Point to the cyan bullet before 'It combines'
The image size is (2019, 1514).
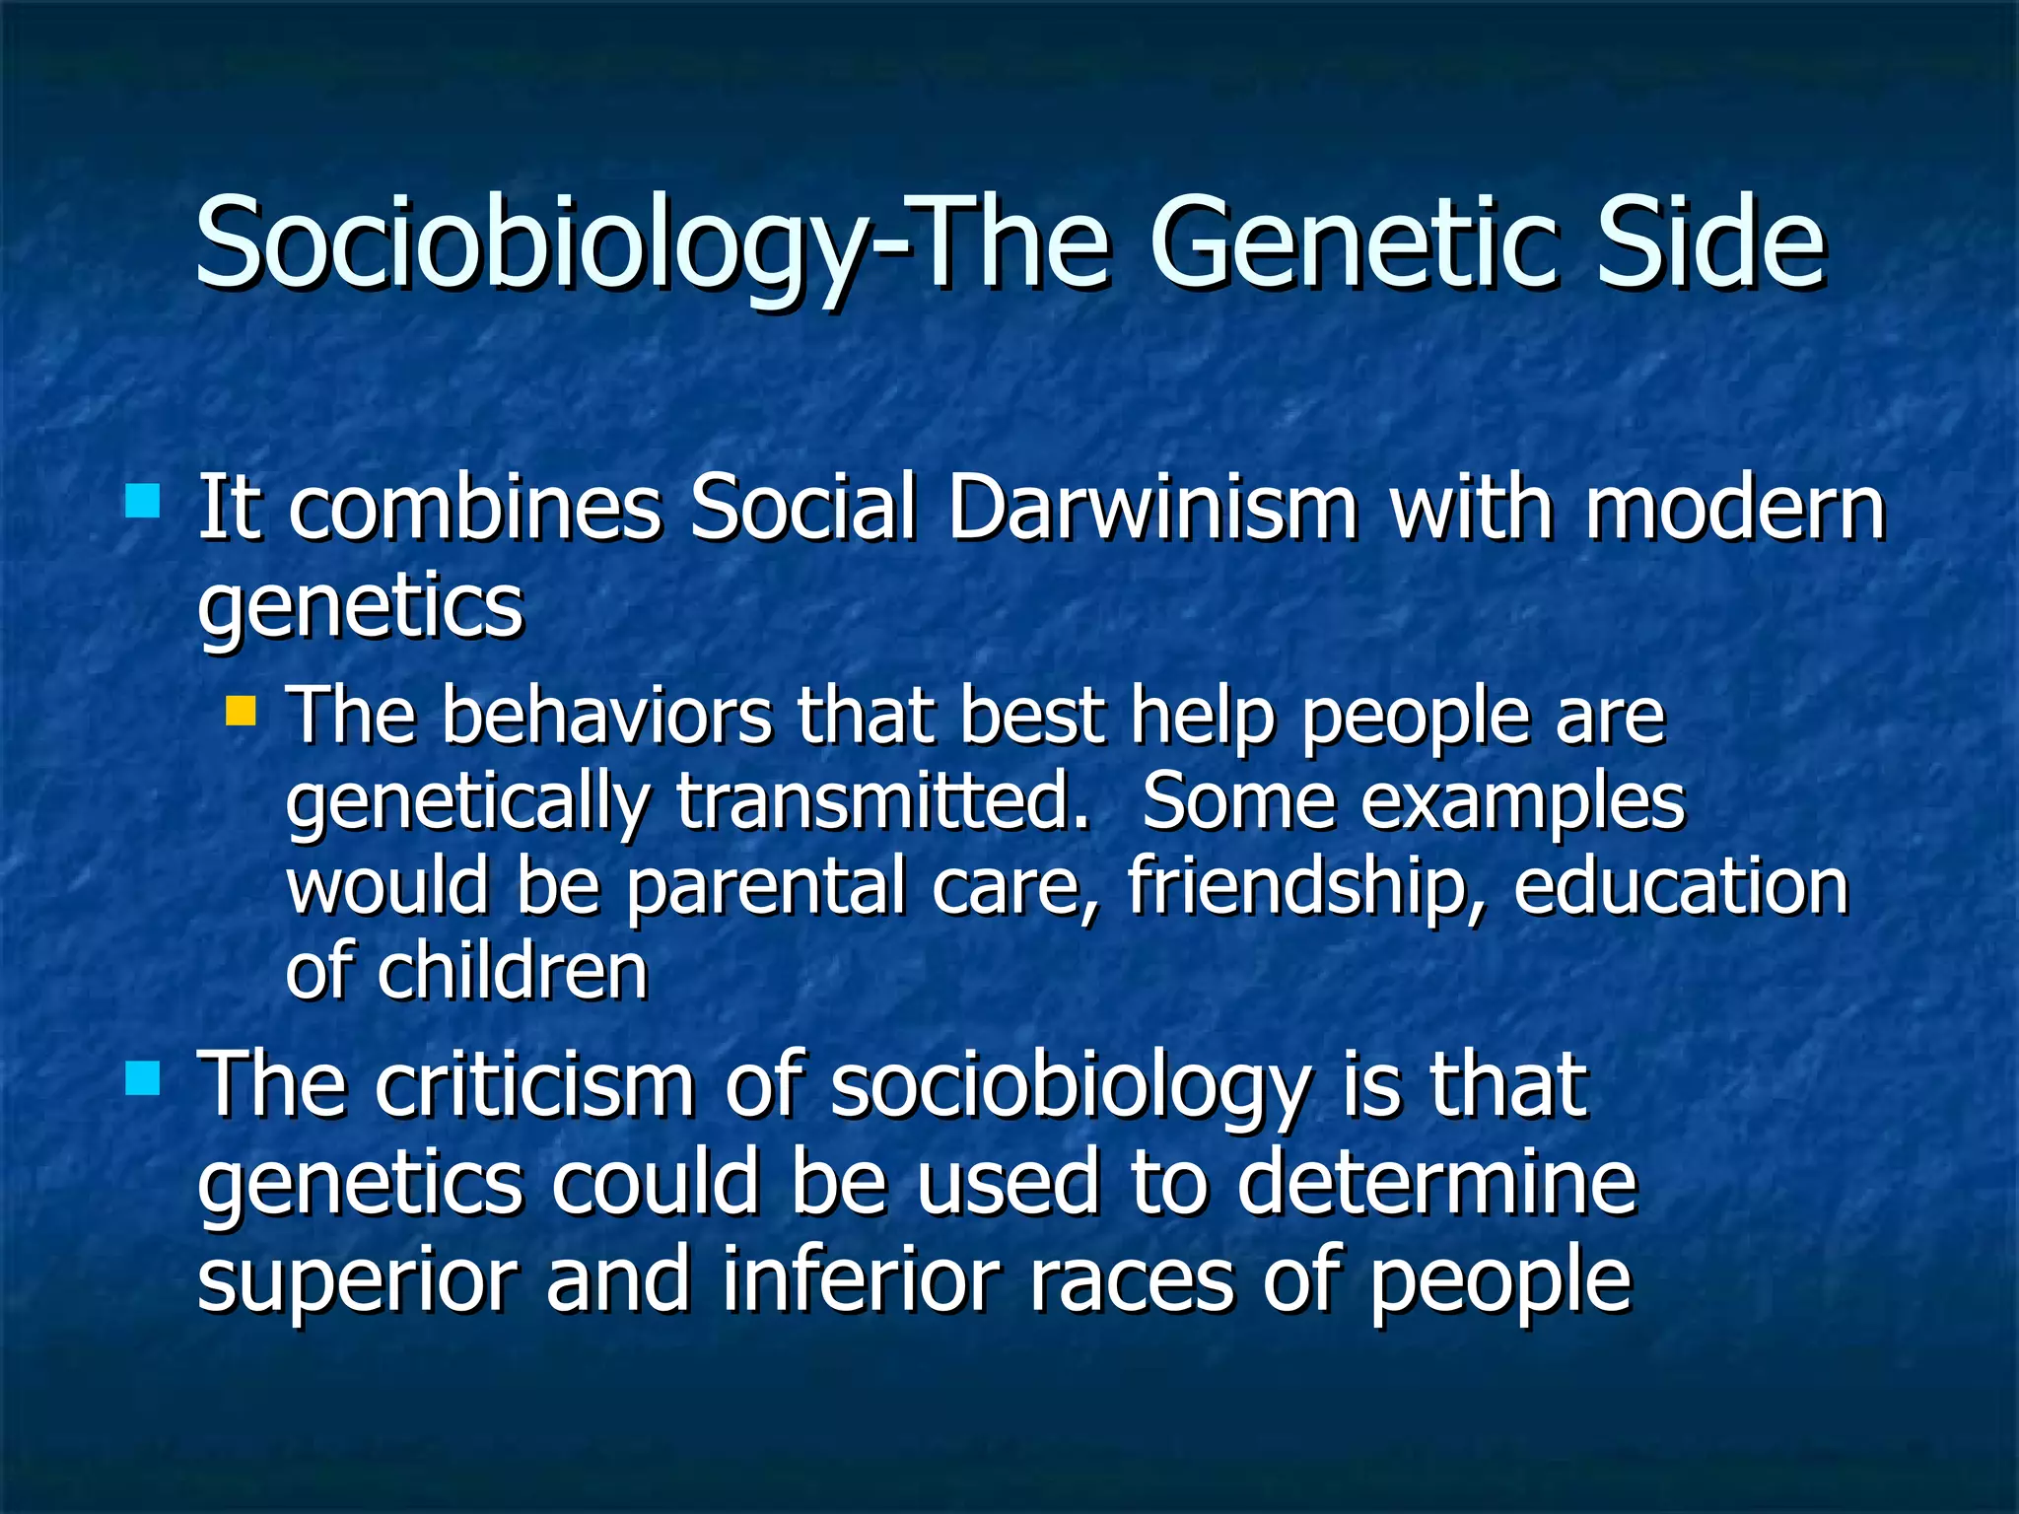point(143,501)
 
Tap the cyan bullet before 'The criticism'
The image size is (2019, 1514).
point(143,1078)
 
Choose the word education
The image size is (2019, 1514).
point(1681,885)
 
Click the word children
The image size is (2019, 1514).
point(513,971)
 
